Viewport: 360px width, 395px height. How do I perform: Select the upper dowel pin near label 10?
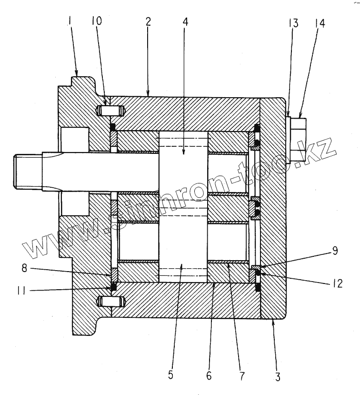click(110, 111)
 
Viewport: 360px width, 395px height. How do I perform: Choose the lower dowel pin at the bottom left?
click(110, 301)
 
